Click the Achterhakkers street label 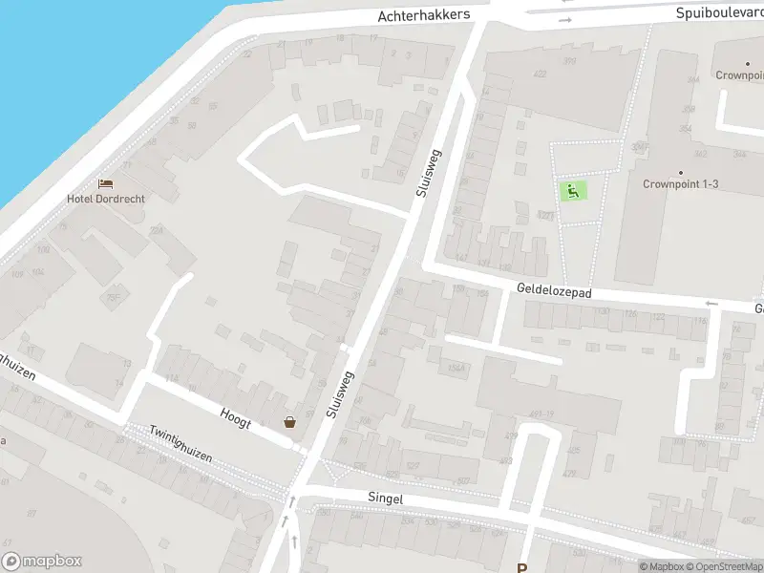[424, 16]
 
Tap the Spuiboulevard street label [719, 13]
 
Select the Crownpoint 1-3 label [680, 184]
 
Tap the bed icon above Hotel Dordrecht [106, 182]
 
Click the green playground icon [572, 191]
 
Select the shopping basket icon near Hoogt [289, 422]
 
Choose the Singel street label [386, 499]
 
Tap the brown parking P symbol [522, 565]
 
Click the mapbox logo [42, 562]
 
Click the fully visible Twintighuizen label [180, 444]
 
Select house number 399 [569, 61]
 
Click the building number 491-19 [541, 413]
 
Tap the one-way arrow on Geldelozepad [711, 304]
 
